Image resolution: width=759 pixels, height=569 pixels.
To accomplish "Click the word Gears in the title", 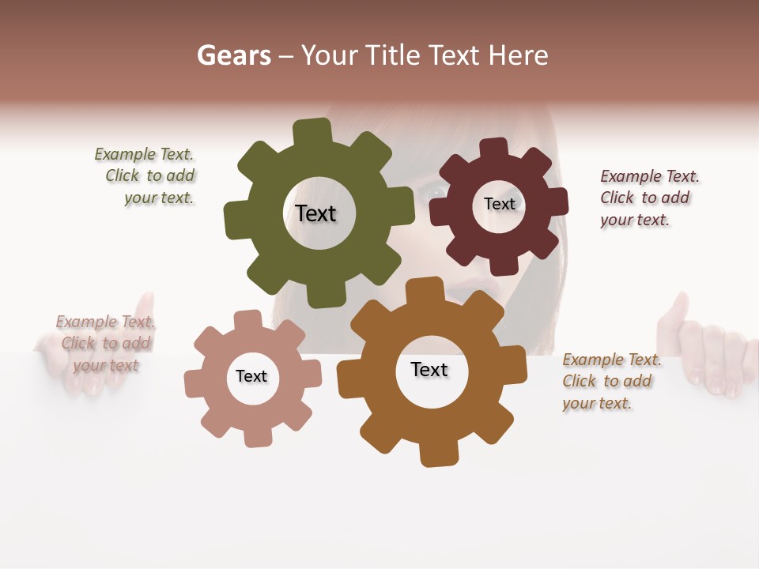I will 233,55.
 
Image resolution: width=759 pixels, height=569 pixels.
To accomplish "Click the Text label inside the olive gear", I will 315,213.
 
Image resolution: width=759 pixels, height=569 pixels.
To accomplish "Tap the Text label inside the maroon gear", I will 499,204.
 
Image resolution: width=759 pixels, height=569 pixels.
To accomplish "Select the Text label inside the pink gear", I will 251,377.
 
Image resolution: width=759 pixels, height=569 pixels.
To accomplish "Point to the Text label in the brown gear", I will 429,370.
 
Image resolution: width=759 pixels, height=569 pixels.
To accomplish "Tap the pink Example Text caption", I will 104,343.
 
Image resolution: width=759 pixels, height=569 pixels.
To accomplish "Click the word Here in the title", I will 519,55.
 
